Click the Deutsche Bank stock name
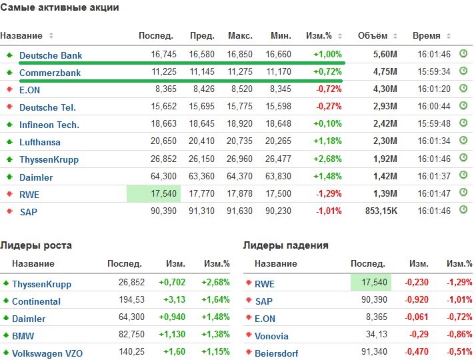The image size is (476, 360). [51, 55]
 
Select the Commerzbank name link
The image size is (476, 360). [50, 73]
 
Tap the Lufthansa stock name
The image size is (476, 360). [40, 142]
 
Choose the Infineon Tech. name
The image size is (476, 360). [49, 125]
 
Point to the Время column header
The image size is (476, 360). [426, 35]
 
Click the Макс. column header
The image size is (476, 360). [240, 35]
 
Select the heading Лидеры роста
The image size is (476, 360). [36, 245]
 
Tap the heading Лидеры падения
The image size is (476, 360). [286, 245]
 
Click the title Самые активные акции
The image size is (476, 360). [60, 7]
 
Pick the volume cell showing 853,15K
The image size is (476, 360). [383, 211]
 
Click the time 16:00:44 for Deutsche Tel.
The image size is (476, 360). [434, 107]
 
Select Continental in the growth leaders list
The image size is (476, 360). [36, 301]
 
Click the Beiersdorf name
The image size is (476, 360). [277, 353]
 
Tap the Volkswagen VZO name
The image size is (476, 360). [47, 353]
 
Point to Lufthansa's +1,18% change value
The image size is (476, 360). [328, 142]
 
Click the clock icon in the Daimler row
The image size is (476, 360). [464, 176]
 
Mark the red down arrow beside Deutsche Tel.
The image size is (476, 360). [9, 107]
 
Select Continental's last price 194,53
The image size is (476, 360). [132, 301]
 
